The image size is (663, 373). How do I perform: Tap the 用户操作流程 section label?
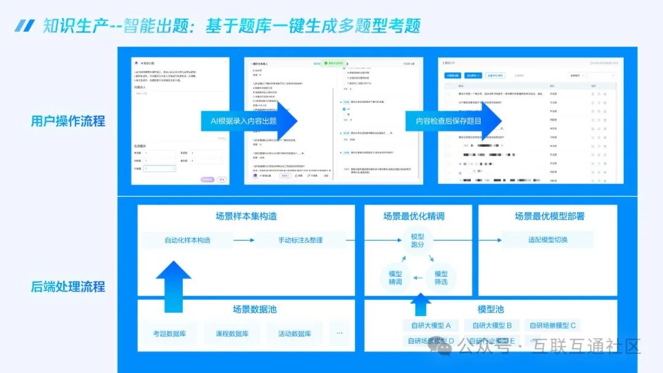coord(68,121)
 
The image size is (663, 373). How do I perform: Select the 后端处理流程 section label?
coord(68,286)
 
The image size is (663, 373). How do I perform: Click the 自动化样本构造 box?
coord(187,240)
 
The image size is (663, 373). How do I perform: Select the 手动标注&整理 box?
coord(300,240)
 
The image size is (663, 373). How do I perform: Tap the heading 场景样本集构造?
coord(246,216)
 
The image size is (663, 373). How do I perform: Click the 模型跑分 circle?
coord(417,240)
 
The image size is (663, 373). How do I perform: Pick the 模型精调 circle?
coord(395,277)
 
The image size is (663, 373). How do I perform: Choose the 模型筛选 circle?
coord(441,277)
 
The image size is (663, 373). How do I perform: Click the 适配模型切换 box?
coord(548,240)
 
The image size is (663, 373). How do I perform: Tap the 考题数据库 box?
coord(169,334)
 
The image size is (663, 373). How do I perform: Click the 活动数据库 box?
coord(295,334)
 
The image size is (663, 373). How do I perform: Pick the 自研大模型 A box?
coord(430,326)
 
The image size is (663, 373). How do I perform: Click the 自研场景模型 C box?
coord(552,326)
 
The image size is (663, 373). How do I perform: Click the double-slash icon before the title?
coord(24,26)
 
